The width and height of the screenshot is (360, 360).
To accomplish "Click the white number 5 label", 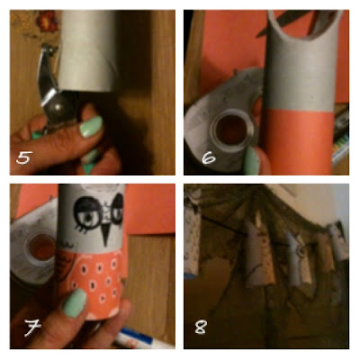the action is [24, 157].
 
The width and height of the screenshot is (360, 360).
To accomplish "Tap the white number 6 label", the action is [209, 157].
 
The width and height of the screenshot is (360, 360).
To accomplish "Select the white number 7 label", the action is [32, 327].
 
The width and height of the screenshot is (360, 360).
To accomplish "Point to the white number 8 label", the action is [200, 327].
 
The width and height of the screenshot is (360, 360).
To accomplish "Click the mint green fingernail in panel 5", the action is [91, 127].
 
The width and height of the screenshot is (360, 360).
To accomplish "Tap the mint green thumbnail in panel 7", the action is [75, 303].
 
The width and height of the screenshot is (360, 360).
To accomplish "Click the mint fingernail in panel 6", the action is [251, 160].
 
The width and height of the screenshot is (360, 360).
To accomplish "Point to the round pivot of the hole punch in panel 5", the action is [60, 108].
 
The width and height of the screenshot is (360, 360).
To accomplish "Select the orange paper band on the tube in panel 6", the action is [299, 141].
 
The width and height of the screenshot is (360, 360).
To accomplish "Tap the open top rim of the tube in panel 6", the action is [304, 25].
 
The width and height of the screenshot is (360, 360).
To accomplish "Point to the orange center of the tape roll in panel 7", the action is [42, 247].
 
